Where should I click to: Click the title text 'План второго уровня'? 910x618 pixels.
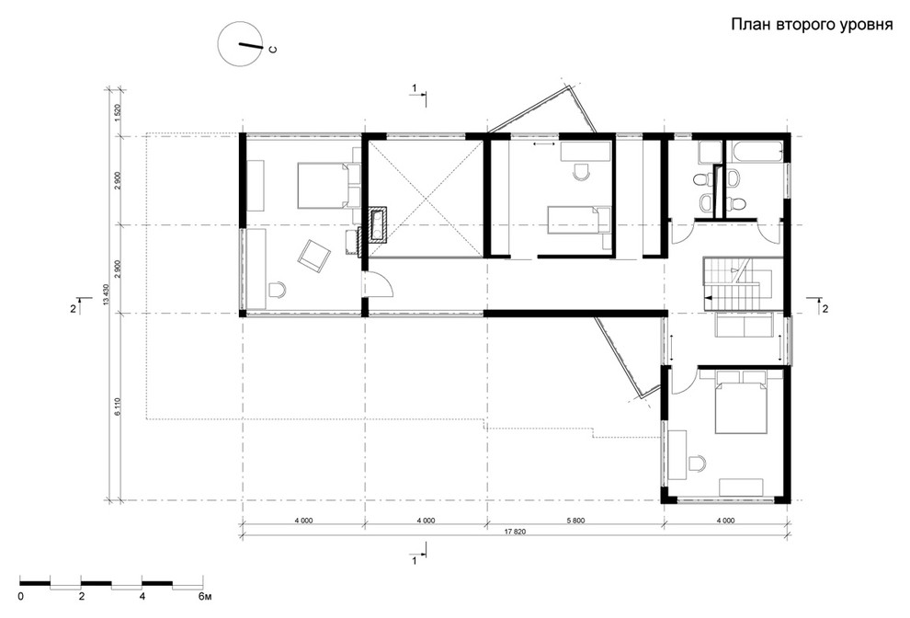tap(812, 25)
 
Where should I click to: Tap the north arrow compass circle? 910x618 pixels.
tap(238, 42)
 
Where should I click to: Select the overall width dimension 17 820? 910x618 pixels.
tap(516, 532)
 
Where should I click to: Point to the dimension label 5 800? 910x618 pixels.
tap(575, 521)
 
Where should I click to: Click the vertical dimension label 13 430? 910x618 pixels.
tap(106, 294)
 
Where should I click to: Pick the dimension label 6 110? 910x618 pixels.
tap(118, 406)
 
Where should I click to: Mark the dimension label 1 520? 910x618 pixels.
tap(118, 112)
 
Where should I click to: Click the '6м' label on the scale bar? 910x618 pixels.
tap(204, 597)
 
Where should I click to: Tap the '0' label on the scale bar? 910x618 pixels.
tap(21, 597)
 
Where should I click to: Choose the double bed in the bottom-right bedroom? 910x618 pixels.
tap(740, 404)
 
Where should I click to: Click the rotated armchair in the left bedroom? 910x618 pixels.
tap(314, 255)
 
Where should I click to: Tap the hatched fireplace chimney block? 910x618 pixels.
tap(377, 224)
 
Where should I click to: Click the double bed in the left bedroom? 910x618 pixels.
tap(326, 185)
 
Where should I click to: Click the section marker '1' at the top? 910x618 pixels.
tap(415, 87)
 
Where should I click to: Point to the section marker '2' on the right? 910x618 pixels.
tap(825, 308)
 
